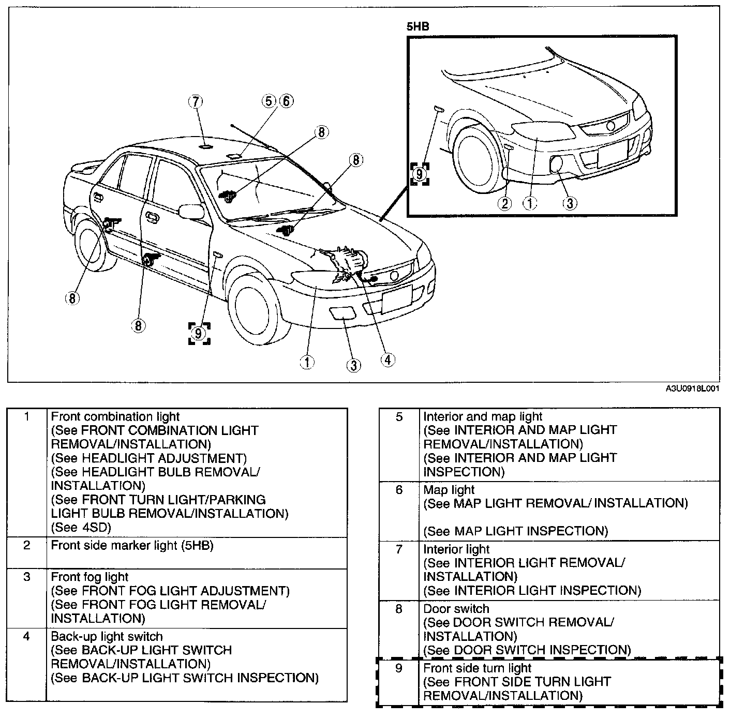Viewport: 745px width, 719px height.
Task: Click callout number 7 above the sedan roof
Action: [196, 101]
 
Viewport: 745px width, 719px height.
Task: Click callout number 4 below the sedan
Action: [388, 360]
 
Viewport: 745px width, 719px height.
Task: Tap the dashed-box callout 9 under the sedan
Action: [199, 333]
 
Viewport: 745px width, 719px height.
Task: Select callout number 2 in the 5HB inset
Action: [505, 203]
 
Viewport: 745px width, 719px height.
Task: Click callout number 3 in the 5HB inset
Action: [570, 203]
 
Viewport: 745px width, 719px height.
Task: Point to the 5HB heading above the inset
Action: [418, 27]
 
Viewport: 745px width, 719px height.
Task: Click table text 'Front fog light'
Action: [90, 577]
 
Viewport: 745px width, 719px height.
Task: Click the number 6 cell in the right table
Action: [399, 490]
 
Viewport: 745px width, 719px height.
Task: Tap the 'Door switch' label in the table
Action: [456, 609]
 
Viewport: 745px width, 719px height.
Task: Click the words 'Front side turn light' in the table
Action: [477, 668]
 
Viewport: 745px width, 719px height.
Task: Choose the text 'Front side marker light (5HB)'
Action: [132, 545]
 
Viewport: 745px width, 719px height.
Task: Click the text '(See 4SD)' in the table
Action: [81, 528]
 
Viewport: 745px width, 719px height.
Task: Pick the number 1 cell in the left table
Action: [27, 416]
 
